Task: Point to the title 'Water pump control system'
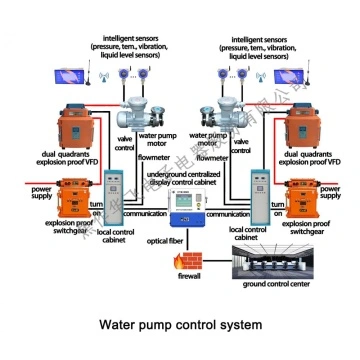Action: point(181,326)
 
